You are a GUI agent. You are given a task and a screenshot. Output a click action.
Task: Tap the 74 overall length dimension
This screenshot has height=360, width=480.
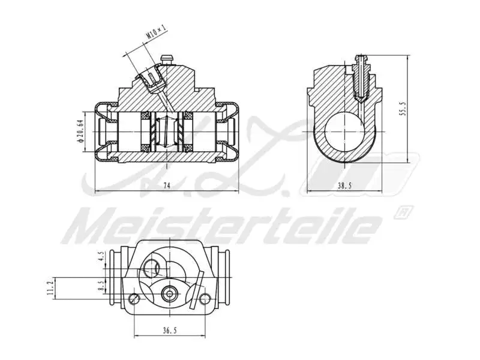coord(167,186)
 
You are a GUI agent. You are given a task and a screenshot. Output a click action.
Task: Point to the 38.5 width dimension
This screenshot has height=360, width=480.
coord(344,186)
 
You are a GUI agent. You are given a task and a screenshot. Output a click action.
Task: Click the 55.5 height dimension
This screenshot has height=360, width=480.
coord(403,109)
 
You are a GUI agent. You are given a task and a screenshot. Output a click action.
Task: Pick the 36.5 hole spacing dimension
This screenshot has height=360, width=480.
coord(170,329)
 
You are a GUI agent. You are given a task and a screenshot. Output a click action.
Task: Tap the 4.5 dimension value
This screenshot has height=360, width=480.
coord(102,259)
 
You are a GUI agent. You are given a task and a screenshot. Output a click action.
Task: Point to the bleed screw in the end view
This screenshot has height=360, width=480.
coord(360,75)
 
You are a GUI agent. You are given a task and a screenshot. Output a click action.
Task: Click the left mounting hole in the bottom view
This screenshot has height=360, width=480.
coord(133,298)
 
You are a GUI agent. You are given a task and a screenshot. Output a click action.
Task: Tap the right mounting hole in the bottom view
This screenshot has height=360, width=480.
coord(206,298)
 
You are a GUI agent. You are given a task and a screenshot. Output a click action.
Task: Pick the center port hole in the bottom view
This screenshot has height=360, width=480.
coord(170,293)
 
